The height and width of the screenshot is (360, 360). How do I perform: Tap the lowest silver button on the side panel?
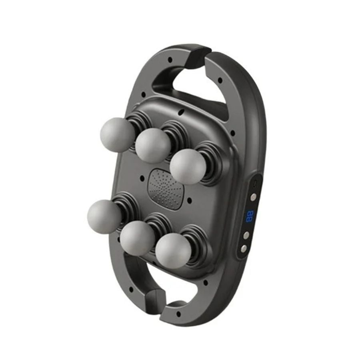tap(244, 248)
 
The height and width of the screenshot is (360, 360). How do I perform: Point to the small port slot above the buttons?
tap(255, 184)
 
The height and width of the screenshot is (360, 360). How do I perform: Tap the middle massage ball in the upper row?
tap(152, 145)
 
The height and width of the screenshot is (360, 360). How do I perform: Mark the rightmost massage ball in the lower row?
tap(173, 250)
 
